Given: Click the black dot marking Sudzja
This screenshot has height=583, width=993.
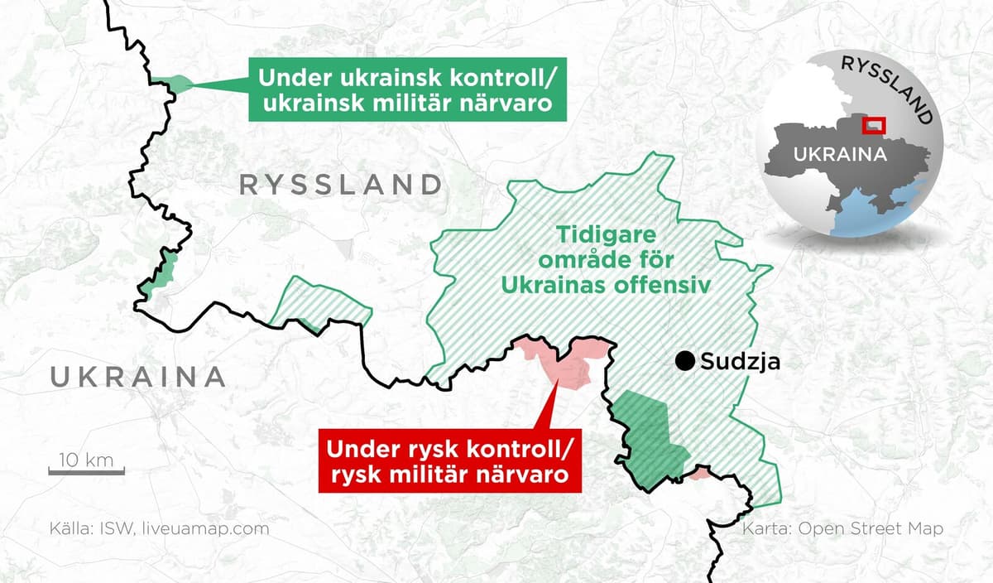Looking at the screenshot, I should tap(684, 361).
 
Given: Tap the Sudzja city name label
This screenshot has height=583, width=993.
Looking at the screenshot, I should tap(740, 361).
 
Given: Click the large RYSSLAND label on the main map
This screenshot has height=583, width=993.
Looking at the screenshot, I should tap(340, 185).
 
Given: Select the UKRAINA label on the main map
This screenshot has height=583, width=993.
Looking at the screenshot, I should tap(138, 377).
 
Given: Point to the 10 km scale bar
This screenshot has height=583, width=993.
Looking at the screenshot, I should tap(86, 472).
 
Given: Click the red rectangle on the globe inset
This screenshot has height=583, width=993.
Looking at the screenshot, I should tap(874, 125).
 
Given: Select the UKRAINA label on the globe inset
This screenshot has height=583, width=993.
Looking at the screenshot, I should tap(840, 154).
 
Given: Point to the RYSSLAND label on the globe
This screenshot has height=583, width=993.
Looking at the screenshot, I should tap(889, 88).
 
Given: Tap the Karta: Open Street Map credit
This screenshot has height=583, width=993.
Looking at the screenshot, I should tap(842, 528).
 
